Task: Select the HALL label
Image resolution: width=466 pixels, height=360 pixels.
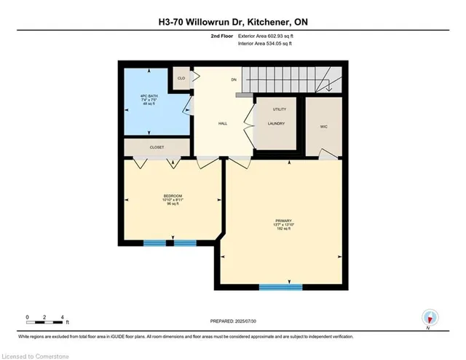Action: pos(224,123)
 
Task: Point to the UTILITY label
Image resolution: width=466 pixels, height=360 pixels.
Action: pos(280,109)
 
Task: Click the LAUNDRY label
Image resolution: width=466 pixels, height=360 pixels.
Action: pos(276,123)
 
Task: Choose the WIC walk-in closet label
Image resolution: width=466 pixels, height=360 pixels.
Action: pos(323,126)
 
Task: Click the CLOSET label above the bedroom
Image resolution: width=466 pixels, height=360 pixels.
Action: pos(157,147)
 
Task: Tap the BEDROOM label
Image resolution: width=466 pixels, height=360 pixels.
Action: pos(172,197)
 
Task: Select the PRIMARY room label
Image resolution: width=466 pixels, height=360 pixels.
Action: pos(283,220)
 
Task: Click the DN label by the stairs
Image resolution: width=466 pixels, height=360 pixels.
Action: pos(234,79)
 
